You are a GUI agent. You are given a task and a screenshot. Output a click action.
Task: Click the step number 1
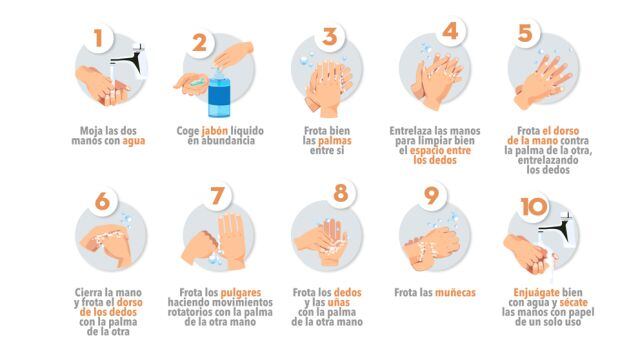[98, 38]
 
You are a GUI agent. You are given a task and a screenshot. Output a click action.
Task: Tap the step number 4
[450, 31]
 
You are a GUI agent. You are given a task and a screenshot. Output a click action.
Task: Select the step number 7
[217, 196]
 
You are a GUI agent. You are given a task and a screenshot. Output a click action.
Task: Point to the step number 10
[534, 207]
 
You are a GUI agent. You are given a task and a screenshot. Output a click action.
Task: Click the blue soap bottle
[219, 94]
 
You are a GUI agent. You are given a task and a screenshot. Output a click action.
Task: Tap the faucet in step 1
[131, 61]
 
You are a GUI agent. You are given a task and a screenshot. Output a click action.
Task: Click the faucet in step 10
[558, 230]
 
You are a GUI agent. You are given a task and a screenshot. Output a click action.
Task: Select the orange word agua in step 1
[133, 141]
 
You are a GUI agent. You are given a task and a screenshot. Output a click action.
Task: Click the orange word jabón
[215, 131]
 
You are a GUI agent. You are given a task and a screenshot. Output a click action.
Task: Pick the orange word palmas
[335, 141]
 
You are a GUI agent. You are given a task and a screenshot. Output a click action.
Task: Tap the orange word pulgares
[240, 293]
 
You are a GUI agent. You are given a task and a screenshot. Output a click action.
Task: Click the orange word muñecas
[455, 293]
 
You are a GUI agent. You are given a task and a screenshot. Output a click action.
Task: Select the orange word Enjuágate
[536, 293]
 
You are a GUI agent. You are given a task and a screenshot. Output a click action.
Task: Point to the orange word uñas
[338, 302]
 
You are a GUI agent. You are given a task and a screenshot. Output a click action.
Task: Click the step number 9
[431, 196]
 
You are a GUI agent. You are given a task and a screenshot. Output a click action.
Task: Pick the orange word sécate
[573, 302]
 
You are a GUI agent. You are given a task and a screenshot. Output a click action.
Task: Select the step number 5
[525, 33]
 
